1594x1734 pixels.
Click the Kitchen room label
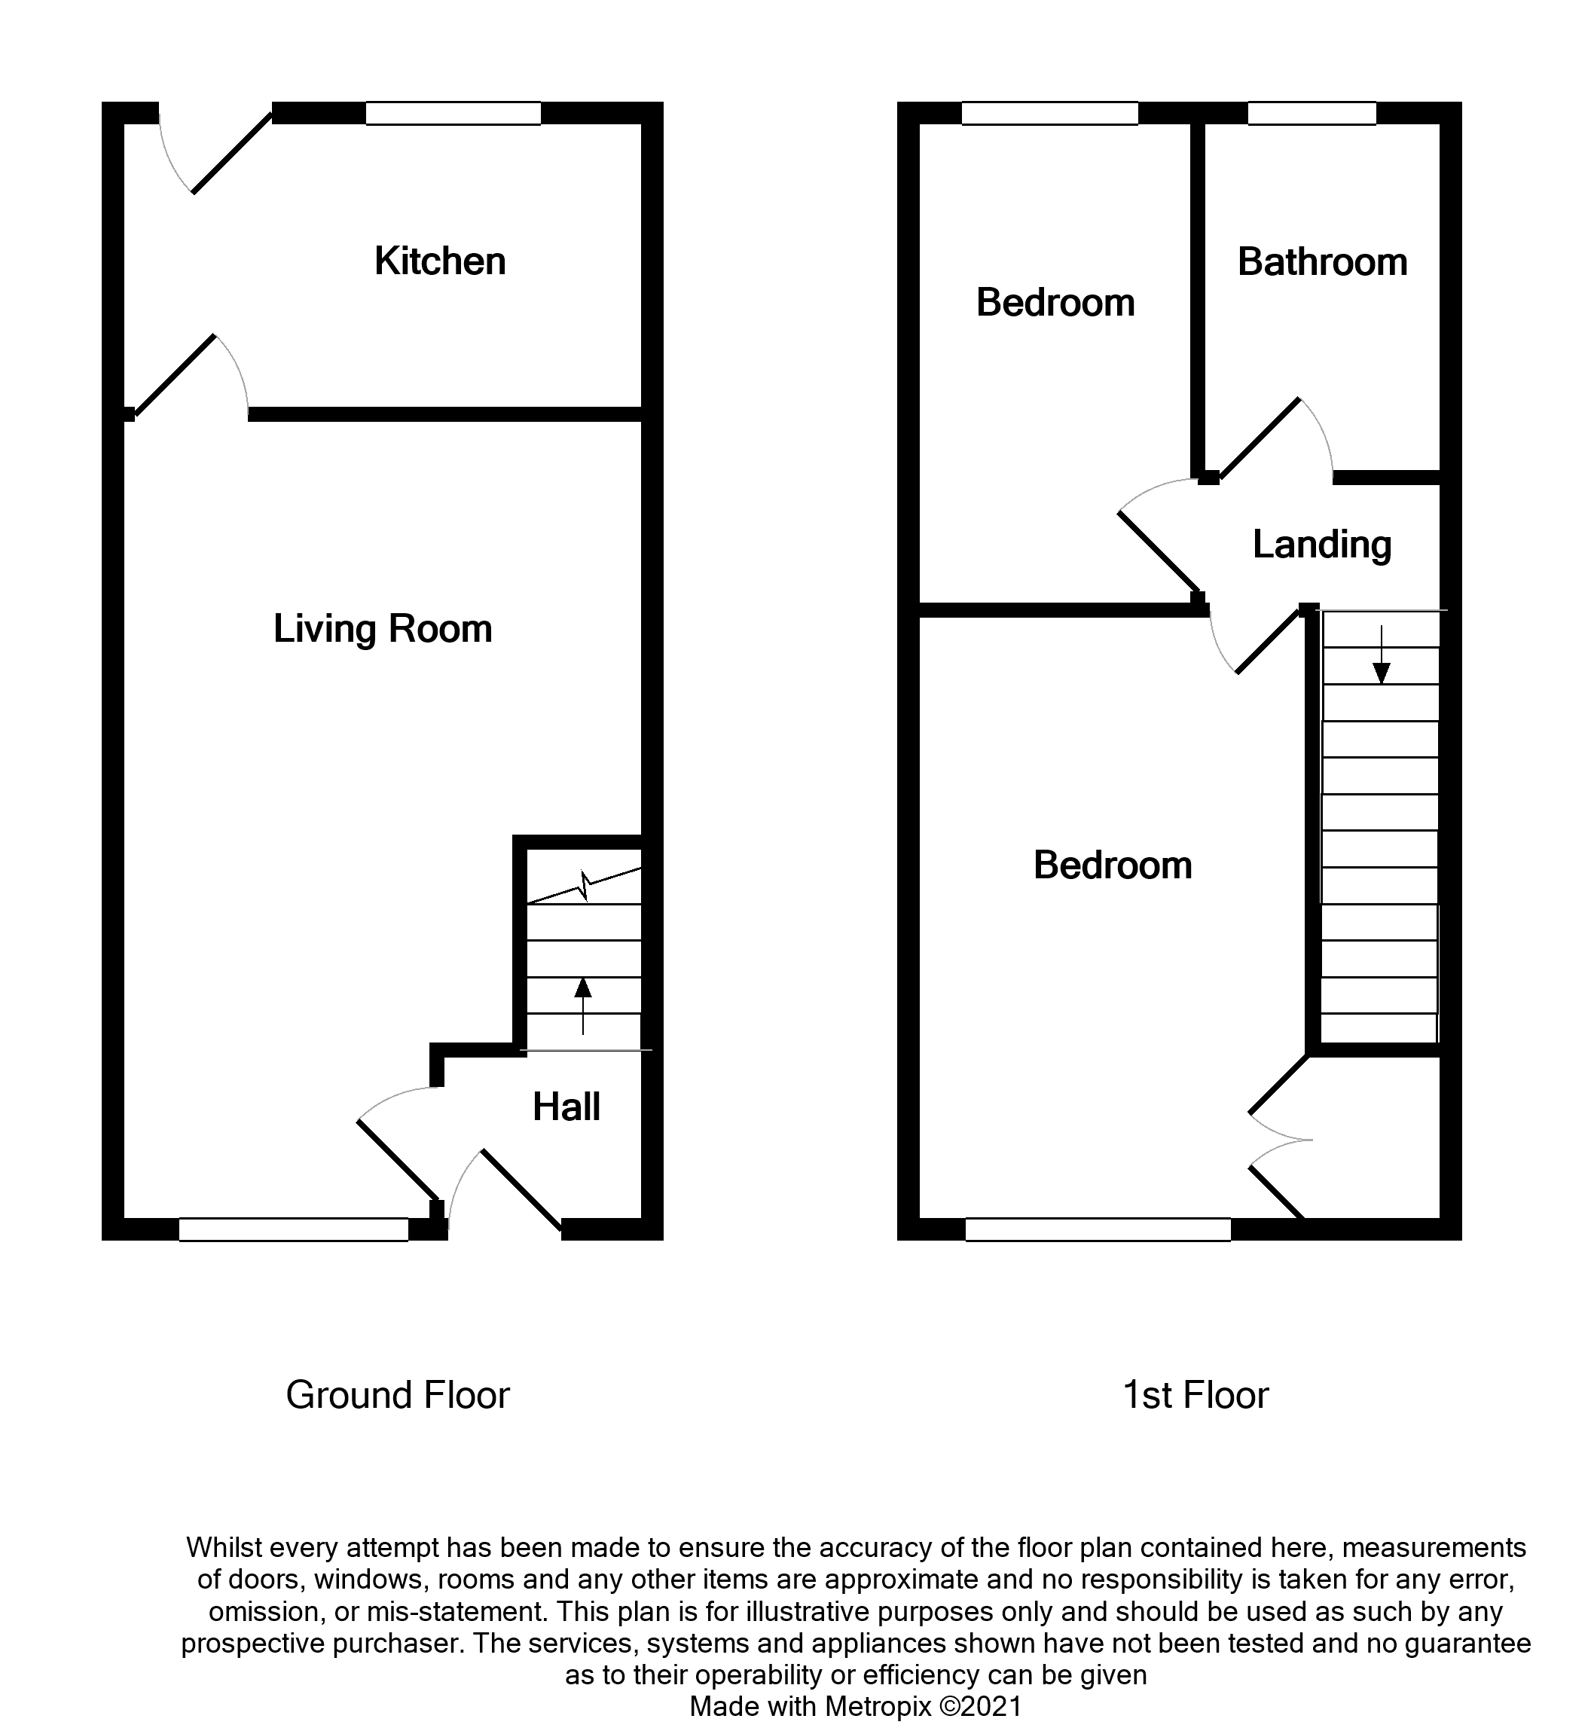pyautogui.click(x=440, y=261)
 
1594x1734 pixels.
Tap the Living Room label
pyautogui.click(x=382, y=629)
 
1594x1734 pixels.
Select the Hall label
pyautogui.click(x=566, y=1107)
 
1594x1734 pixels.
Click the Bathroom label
pyautogui.click(x=1321, y=262)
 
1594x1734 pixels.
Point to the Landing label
pyautogui.click(x=1321, y=545)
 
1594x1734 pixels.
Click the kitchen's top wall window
pyautogui.click(x=453, y=113)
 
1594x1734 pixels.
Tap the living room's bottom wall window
pyautogui.click(x=293, y=1229)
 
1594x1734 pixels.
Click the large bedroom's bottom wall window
pyautogui.click(x=1097, y=1229)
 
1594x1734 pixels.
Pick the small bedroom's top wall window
pyautogui.click(x=1049, y=113)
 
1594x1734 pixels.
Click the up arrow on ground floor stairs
pyautogui.click(x=583, y=1004)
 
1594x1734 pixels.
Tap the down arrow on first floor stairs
pyautogui.click(x=1381, y=655)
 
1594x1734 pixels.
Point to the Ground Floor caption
pyautogui.click(x=398, y=1395)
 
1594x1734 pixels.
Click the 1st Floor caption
pyautogui.click(x=1195, y=1395)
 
